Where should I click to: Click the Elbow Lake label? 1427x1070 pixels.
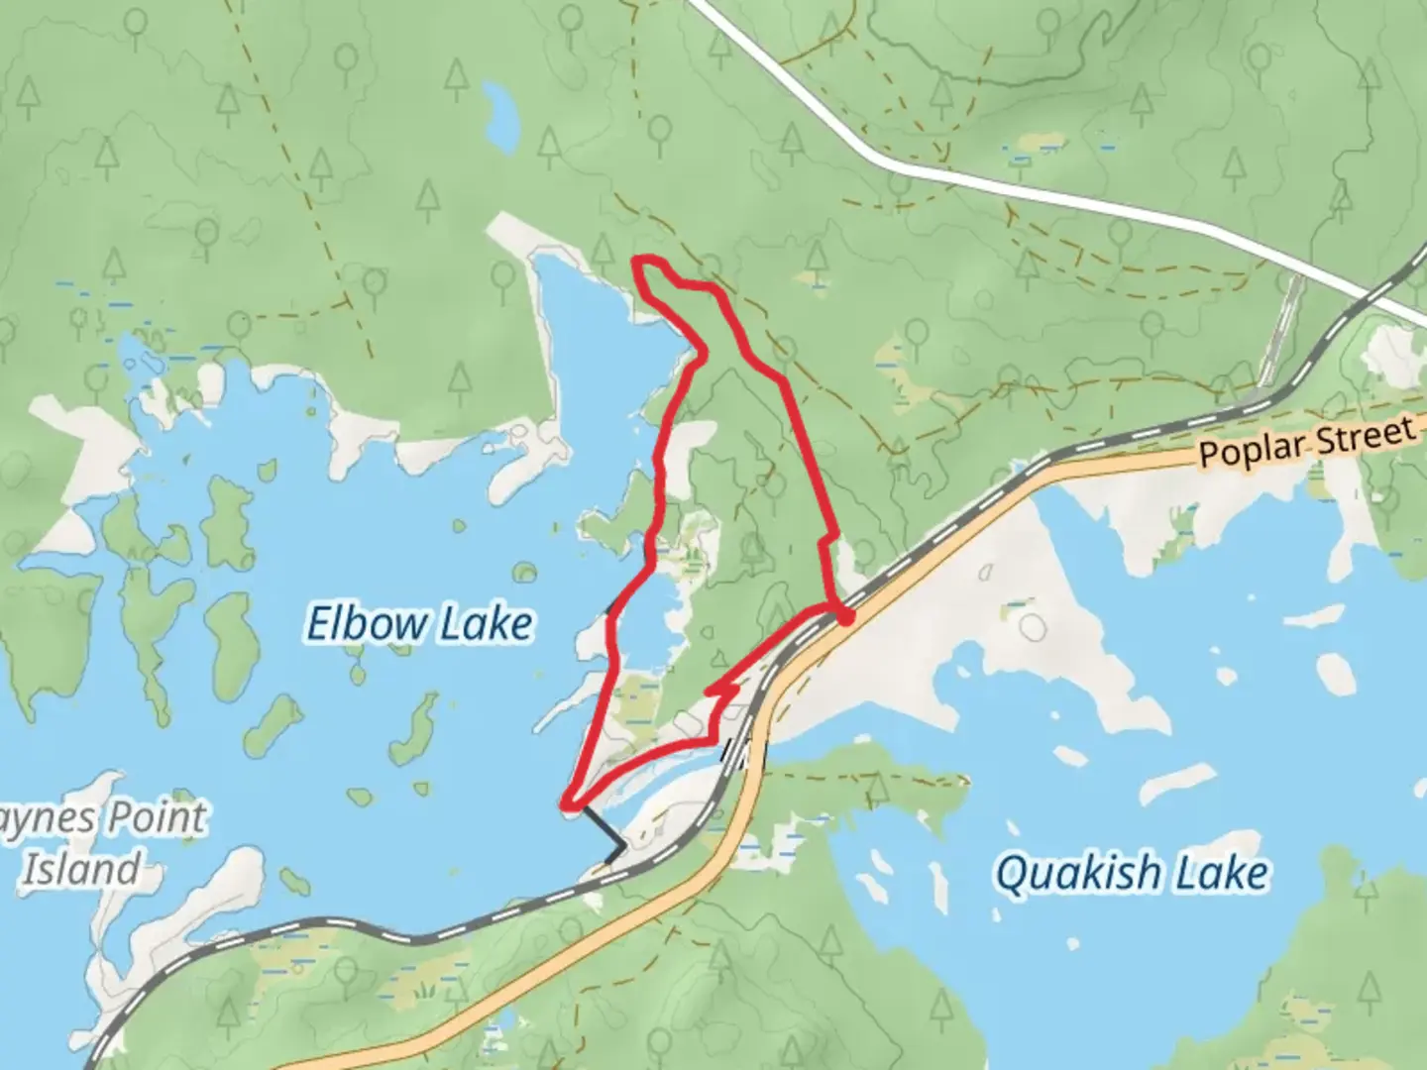tap(419, 624)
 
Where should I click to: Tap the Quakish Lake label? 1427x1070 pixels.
tap(1131, 874)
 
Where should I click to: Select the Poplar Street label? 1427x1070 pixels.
tap(1306, 442)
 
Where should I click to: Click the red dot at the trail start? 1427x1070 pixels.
tap(844, 617)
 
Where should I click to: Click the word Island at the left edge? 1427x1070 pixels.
tap(81, 870)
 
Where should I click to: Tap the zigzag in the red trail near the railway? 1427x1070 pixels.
tap(721, 692)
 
